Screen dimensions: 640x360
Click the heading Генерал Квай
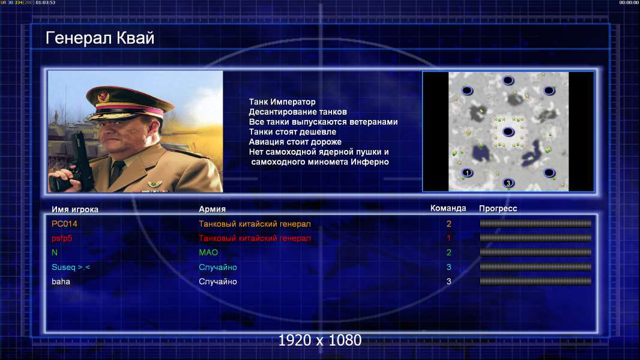point(100,38)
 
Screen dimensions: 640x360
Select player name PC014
point(64,224)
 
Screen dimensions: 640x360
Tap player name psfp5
point(62,239)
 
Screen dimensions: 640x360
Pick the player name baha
point(61,282)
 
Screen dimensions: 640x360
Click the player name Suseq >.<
point(71,268)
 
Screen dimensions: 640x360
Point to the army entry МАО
point(208,253)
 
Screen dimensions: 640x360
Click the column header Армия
point(213,209)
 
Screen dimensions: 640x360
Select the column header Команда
point(448,208)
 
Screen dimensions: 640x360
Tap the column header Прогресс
point(498,209)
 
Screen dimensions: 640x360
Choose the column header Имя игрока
point(74,209)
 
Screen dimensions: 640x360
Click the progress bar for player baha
point(536,281)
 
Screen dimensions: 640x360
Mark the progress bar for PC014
point(536,223)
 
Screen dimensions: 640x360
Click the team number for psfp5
point(448,238)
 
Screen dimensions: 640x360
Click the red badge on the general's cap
point(103,97)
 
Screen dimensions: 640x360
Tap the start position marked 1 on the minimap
point(467,173)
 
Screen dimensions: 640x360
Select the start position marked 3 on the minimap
point(508,183)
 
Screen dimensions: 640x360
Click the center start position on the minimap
point(508,131)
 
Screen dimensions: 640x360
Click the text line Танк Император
point(282,102)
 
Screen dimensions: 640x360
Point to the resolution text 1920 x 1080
point(320,340)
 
